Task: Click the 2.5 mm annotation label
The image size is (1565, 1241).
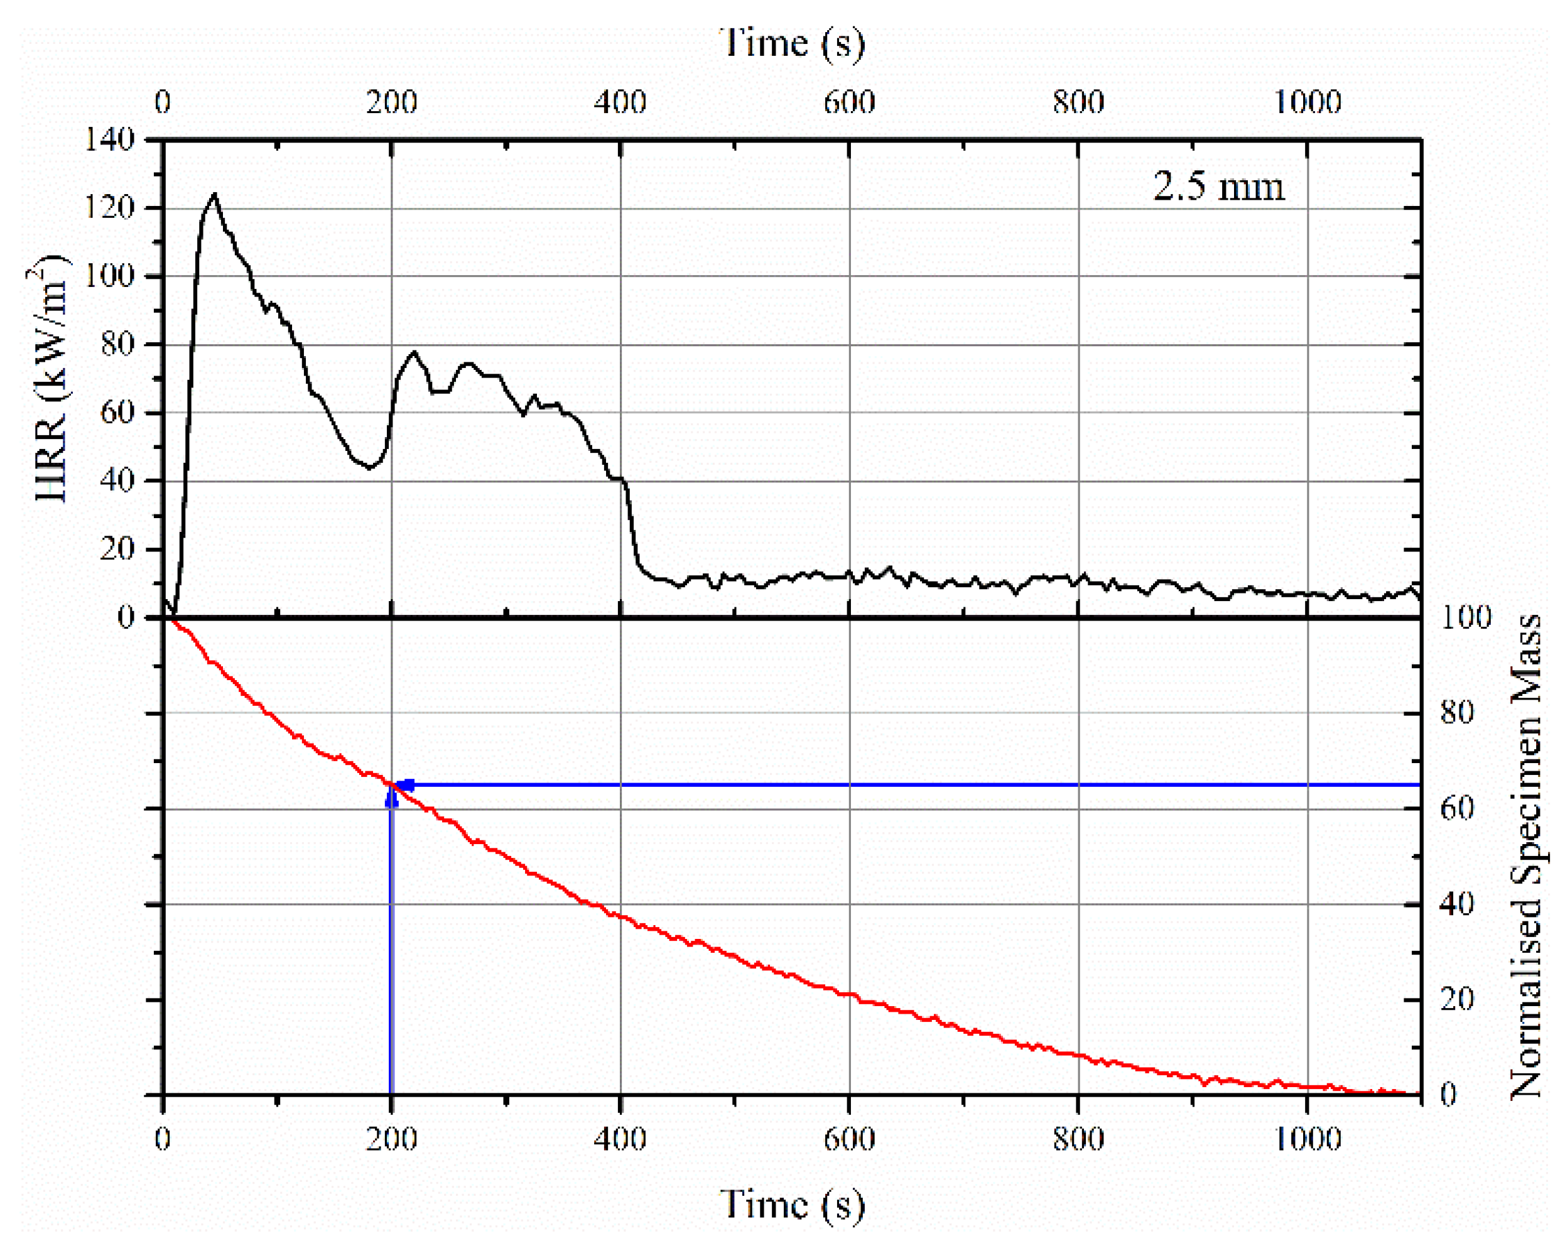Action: point(1219,187)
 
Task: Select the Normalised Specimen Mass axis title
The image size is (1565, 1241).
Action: point(1526,857)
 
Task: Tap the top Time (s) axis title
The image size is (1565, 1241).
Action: point(792,43)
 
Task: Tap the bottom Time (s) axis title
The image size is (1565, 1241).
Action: point(792,1205)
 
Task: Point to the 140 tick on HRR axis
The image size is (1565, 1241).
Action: point(110,139)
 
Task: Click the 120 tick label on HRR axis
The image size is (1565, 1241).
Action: point(110,209)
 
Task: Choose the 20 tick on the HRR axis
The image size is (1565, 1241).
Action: point(117,550)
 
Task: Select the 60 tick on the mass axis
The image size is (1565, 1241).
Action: point(1458,808)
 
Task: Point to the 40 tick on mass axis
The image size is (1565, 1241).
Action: point(1458,904)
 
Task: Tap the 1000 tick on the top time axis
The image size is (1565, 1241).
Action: point(1308,102)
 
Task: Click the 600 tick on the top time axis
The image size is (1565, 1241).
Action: point(848,102)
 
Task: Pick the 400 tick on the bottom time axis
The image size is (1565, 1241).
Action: point(620,1139)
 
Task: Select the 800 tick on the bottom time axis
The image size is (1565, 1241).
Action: point(1078,1139)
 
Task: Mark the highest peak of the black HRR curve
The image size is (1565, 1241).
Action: point(214,194)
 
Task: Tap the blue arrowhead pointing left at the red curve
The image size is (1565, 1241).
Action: point(405,785)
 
